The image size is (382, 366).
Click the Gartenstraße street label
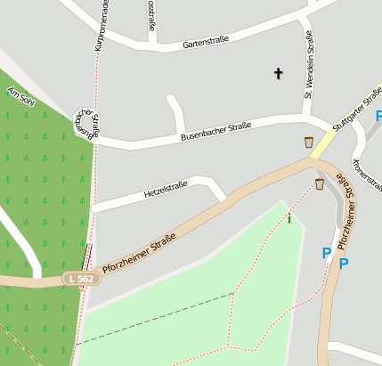[x=206, y=40]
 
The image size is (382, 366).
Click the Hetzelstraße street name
[x=166, y=190]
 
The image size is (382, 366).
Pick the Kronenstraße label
[x=365, y=174]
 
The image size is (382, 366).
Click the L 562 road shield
[x=81, y=279]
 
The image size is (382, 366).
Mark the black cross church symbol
[x=278, y=73]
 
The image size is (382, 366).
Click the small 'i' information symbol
[x=289, y=218]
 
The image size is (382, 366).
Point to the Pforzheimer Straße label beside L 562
[x=139, y=252]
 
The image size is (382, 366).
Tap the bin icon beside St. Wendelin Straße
[x=309, y=142]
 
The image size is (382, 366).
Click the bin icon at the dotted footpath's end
[x=319, y=184]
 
